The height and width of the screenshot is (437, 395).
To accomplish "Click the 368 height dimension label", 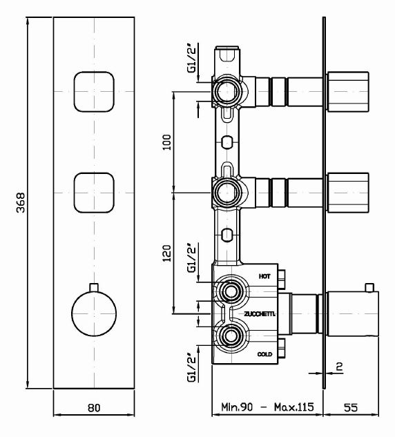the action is (x=21, y=202).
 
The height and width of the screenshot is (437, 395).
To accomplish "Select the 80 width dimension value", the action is (x=94, y=408).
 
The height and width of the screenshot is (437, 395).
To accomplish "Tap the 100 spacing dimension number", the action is (x=166, y=142).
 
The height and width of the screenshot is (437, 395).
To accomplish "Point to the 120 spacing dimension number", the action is (x=166, y=253).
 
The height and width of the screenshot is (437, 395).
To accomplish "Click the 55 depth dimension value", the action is (x=350, y=407).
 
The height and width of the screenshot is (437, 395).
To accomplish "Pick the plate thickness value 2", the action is (x=339, y=367).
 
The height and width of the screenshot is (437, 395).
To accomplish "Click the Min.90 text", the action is (x=237, y=407).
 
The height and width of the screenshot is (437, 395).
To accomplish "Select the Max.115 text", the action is (x=294, y=407).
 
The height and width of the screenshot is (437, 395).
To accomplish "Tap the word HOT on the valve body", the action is (x=264, y=276).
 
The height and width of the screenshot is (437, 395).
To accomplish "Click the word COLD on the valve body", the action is (x=264, y=354).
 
